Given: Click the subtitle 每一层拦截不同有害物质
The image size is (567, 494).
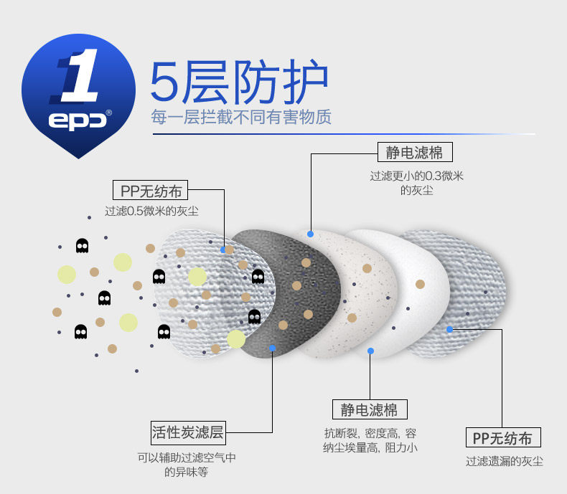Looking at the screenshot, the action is tap(241, 117).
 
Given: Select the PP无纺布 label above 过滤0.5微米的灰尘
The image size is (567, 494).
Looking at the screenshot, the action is tap(151, 191).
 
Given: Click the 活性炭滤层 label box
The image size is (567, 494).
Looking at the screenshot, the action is tap(188, 432).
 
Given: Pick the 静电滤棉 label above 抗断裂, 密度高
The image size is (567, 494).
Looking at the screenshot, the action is tap(370, 410).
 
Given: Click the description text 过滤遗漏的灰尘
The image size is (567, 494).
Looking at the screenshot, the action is tap(504, 462).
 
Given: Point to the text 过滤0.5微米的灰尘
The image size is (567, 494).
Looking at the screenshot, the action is tap(151, 212).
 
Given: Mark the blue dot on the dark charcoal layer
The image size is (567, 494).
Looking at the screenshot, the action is tap(272, 348).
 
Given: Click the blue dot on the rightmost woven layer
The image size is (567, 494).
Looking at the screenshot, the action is tap(449, 329).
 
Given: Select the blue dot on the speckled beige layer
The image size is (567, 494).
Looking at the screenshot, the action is tap(310, 234).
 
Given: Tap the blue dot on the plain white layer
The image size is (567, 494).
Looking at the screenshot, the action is tap(370, 351).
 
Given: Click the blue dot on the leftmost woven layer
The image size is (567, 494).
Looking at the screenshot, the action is tap(224, 250).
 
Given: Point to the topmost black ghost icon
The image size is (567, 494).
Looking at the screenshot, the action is tap(83, 245).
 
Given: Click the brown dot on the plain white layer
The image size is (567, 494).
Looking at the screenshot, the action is tap(420, 284).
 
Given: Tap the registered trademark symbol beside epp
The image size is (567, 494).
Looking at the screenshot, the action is tap(109, 112).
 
